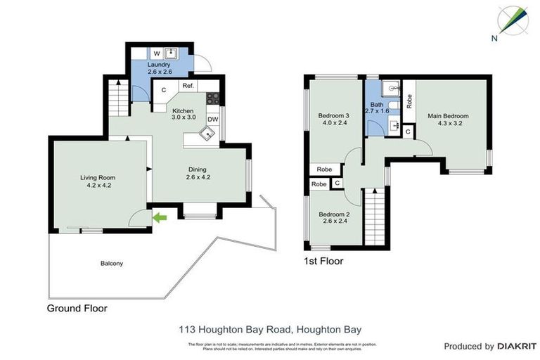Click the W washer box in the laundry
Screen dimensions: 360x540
coord(157,53)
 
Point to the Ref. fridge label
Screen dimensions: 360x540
coord(188,86)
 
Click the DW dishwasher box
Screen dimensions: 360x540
coord(212,120)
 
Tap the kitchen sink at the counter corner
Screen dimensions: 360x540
coord(207,134)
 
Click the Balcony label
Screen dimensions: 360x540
coord(110,264)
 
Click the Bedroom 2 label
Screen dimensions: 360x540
coord(333,218)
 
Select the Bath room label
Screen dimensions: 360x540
coord(376,107)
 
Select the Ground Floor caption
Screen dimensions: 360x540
coord(77,308)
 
